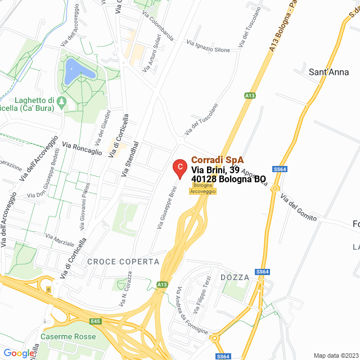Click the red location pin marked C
coord(179,168)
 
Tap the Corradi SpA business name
coord(217,160)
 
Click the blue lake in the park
coord(78,71)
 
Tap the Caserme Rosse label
coord(67,336)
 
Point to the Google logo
coord(19,353)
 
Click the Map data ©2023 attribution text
coord(335,355)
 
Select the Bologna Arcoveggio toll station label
coord(202,188)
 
